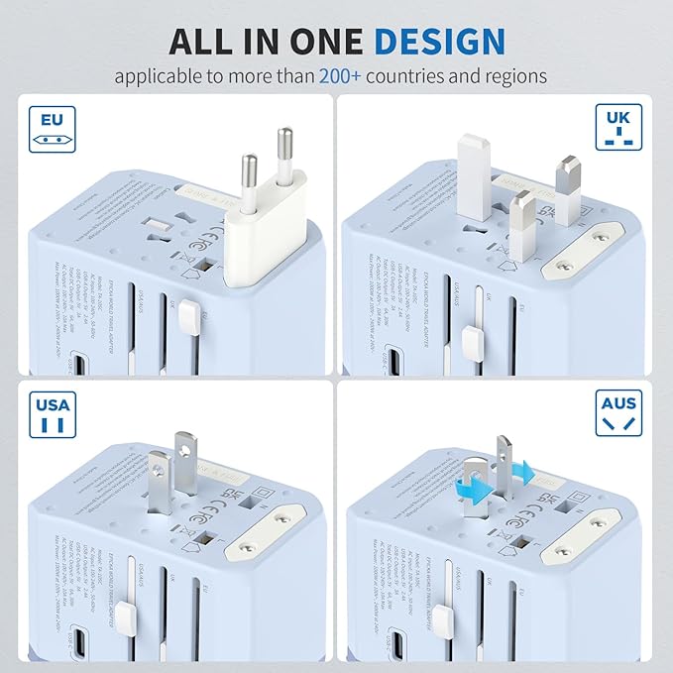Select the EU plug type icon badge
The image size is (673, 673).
pos(52,130)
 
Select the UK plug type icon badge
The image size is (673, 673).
pos(618,130)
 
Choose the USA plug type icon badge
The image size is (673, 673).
pos(52,416)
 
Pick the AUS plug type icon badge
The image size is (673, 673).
pos(618,416)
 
